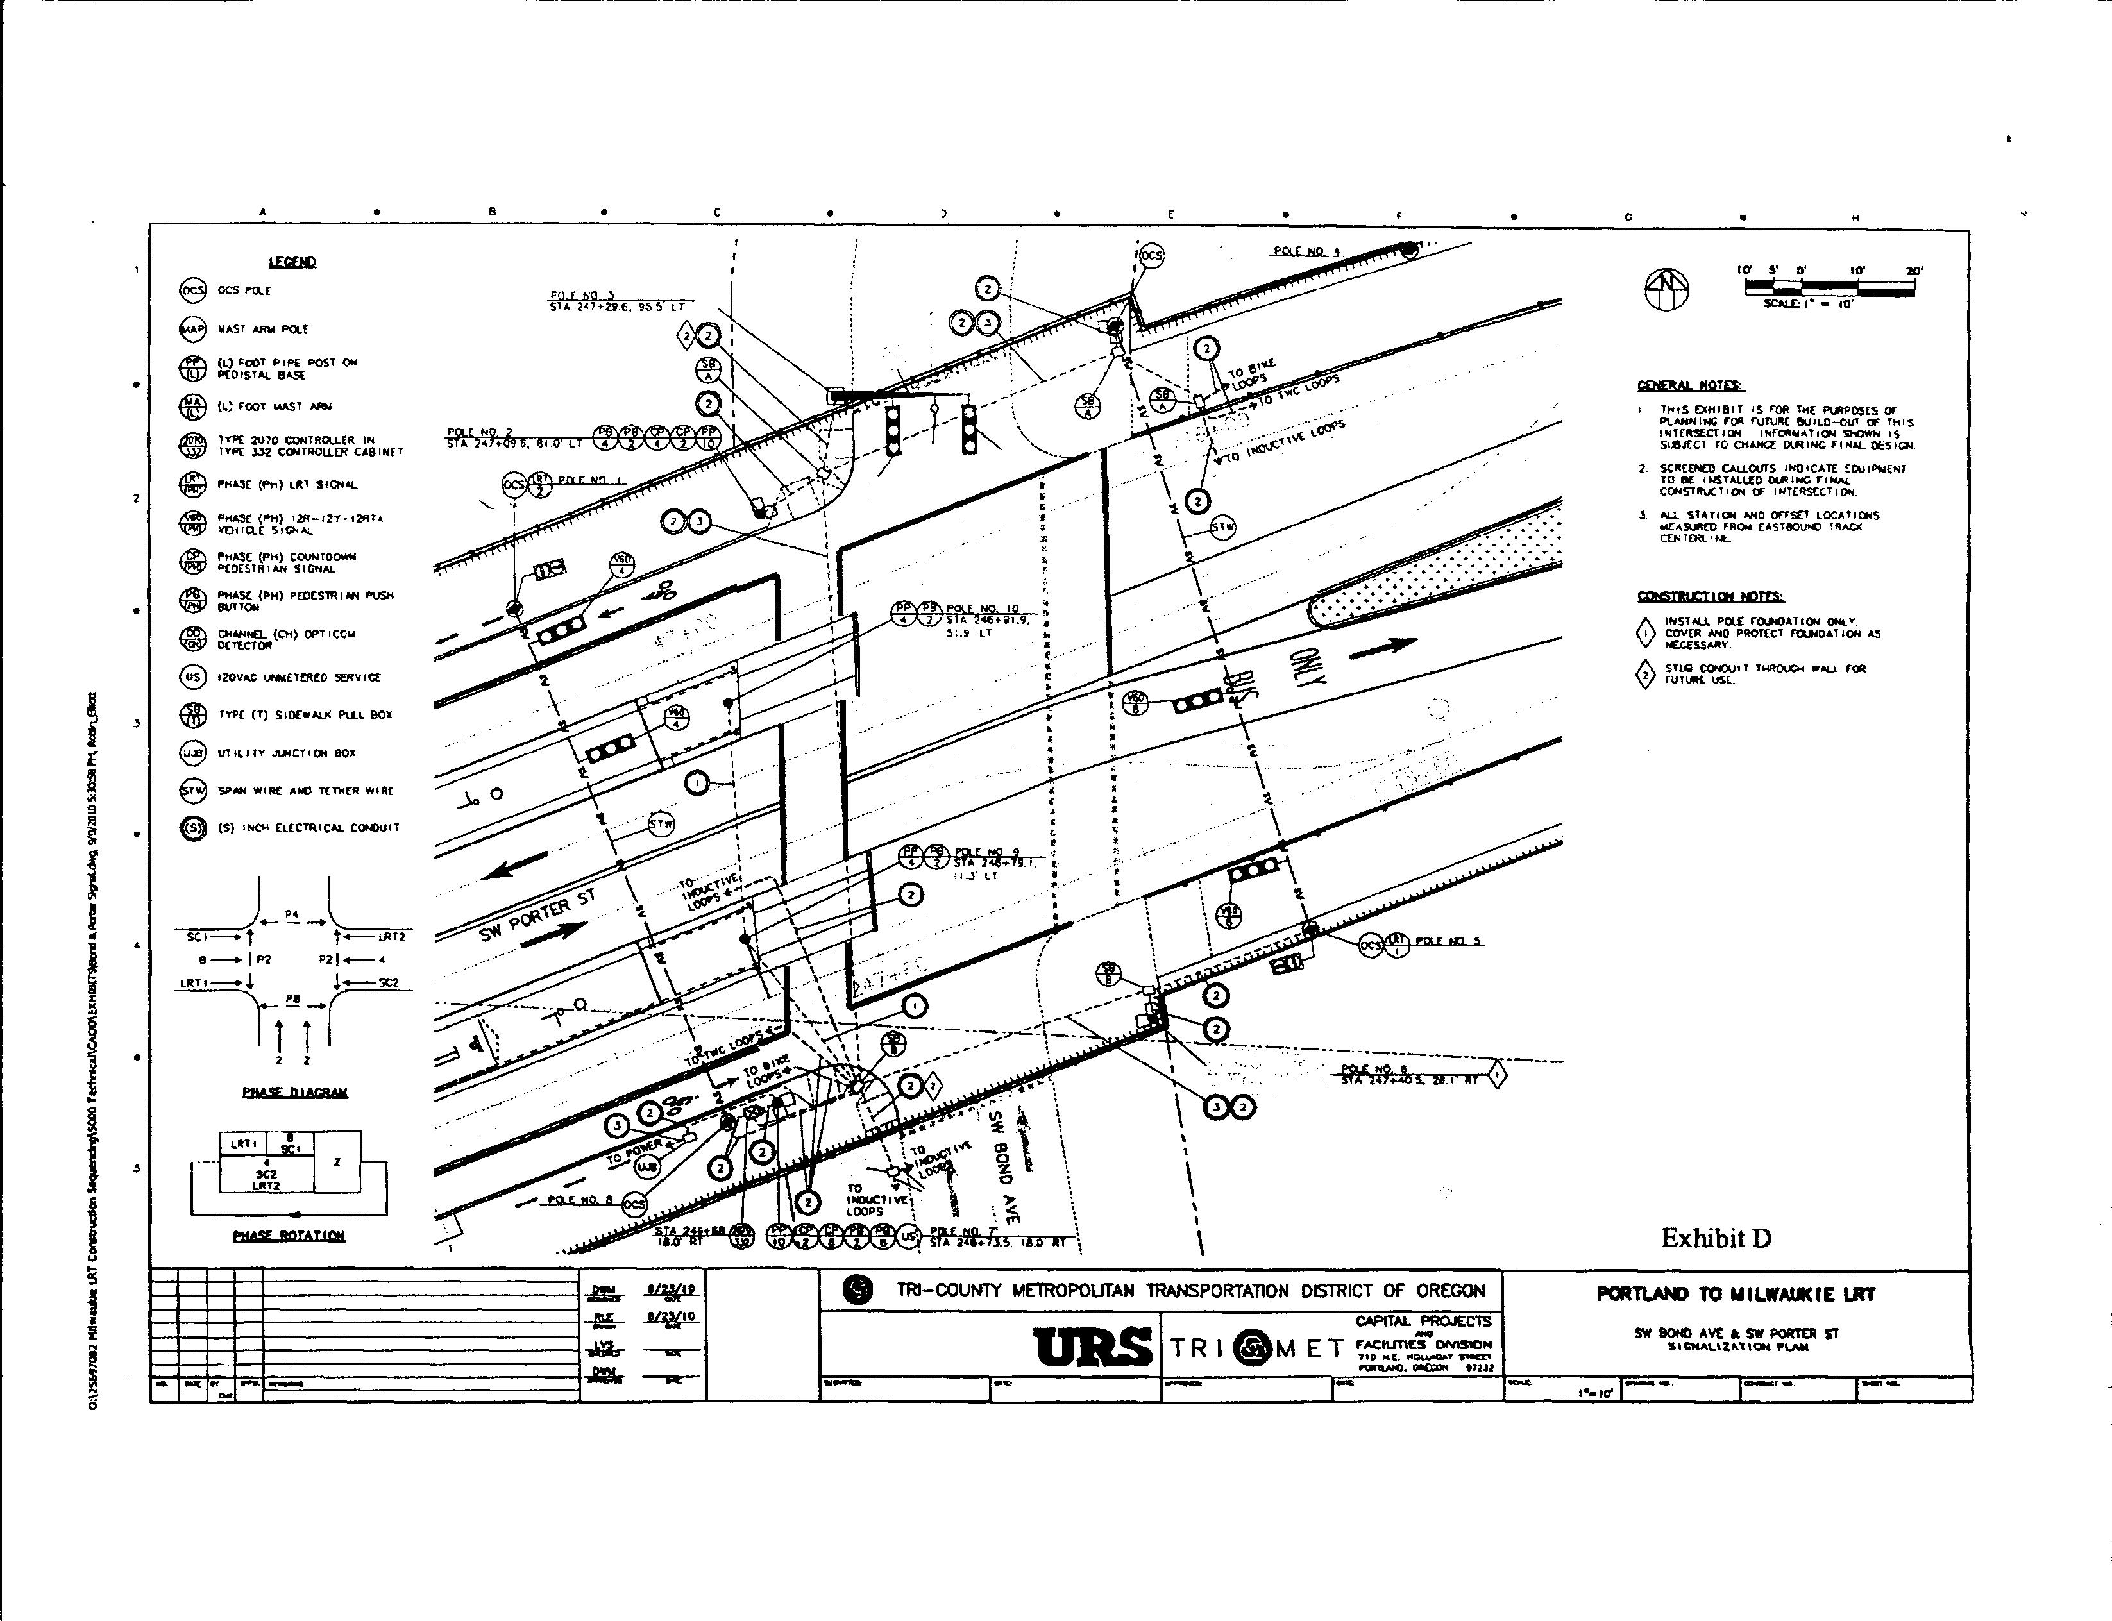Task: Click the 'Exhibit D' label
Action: point(1716,1238)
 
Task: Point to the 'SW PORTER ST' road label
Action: point(538,915)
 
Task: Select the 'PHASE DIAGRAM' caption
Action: point(294,1092)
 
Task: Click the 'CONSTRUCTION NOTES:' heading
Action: point(1711,596)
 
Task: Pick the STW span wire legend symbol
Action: point(193,790)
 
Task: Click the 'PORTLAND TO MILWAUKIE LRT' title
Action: point(1736,1294)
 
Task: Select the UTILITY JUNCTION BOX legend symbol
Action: point(193,753)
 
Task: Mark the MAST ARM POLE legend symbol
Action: point(193,329)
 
